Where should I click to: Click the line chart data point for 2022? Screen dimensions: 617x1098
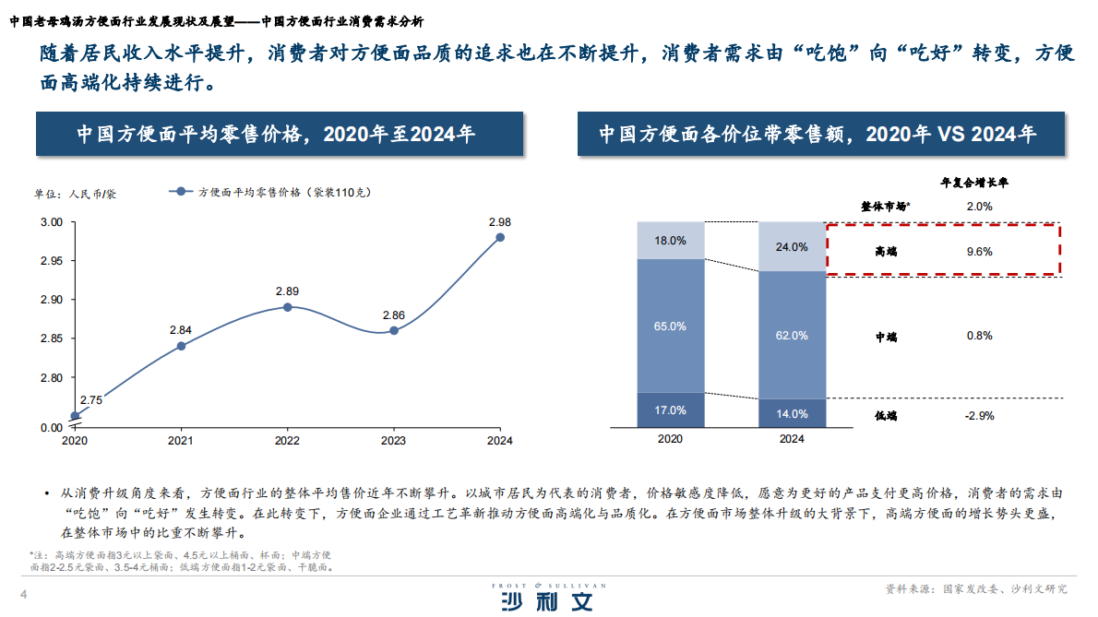pos(287,307)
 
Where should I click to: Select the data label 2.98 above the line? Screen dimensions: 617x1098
pos(500,221)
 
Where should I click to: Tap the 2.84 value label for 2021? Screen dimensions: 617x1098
pos(181,329)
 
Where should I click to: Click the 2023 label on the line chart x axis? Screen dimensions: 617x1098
pos(393,440)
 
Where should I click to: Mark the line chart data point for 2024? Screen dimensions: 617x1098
pos(500,237)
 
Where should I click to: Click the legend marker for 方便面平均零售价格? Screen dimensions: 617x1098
pos(181,193)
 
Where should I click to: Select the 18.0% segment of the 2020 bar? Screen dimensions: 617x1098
pos(670,240)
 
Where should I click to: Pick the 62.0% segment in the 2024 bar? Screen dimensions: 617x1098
pos(792,335)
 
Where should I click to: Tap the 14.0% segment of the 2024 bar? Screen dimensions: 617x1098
pos(792,413)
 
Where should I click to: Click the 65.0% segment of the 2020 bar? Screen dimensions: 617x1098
pos(670,326)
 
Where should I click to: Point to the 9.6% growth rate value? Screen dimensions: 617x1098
pos(979,251)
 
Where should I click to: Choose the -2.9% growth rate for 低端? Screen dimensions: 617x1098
pos(979,416)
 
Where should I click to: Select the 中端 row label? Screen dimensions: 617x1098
pos(886,337)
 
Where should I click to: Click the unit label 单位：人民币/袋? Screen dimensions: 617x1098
pos(76,194)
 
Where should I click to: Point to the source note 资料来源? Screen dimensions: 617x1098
pos(975,588)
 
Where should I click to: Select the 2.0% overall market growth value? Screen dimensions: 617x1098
pos(979,207)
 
